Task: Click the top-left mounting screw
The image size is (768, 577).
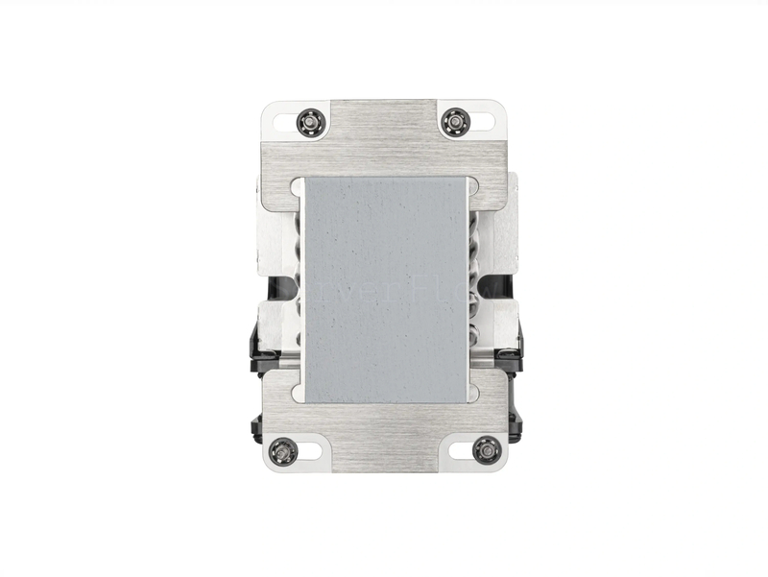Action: [x=311, y=122]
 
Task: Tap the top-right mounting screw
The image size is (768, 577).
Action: [x=453, y=122]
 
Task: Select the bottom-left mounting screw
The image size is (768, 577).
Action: [x=284, y=449]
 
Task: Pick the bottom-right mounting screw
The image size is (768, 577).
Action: [x=486, y=449]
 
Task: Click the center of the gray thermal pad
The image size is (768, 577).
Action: [x=384, y=288]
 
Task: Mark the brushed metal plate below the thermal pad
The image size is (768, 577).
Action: [x=384, y=432]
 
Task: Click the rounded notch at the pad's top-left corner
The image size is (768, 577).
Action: [x=300, y=182]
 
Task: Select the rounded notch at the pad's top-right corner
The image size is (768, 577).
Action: [x=469, y=182]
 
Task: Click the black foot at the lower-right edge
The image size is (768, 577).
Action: [x=515, y=422]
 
